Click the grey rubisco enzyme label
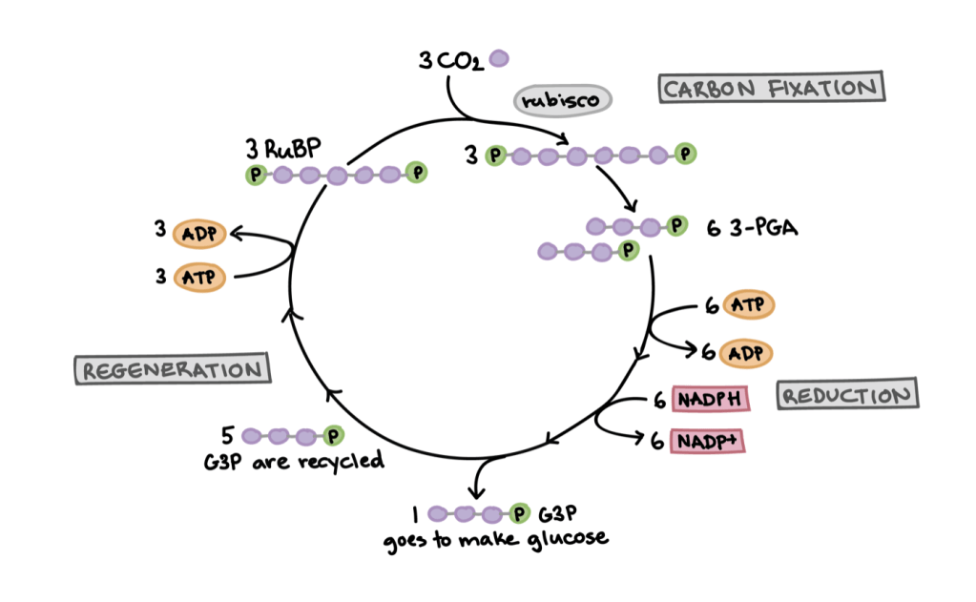click(562, 99)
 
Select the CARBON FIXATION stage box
click(771, 89)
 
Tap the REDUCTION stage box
click(847, 395)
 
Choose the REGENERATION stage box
click(173, 370)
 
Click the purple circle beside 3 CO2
click(498, 59)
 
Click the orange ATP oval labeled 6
click(748, 306)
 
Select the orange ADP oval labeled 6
click(747, 353)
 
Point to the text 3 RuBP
click(281, 150)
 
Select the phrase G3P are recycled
click(294, 463)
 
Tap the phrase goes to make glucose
click(495, 540)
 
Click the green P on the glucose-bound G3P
click(519, 514)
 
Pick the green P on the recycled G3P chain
click(333, 436)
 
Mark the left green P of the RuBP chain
click(255, 174)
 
